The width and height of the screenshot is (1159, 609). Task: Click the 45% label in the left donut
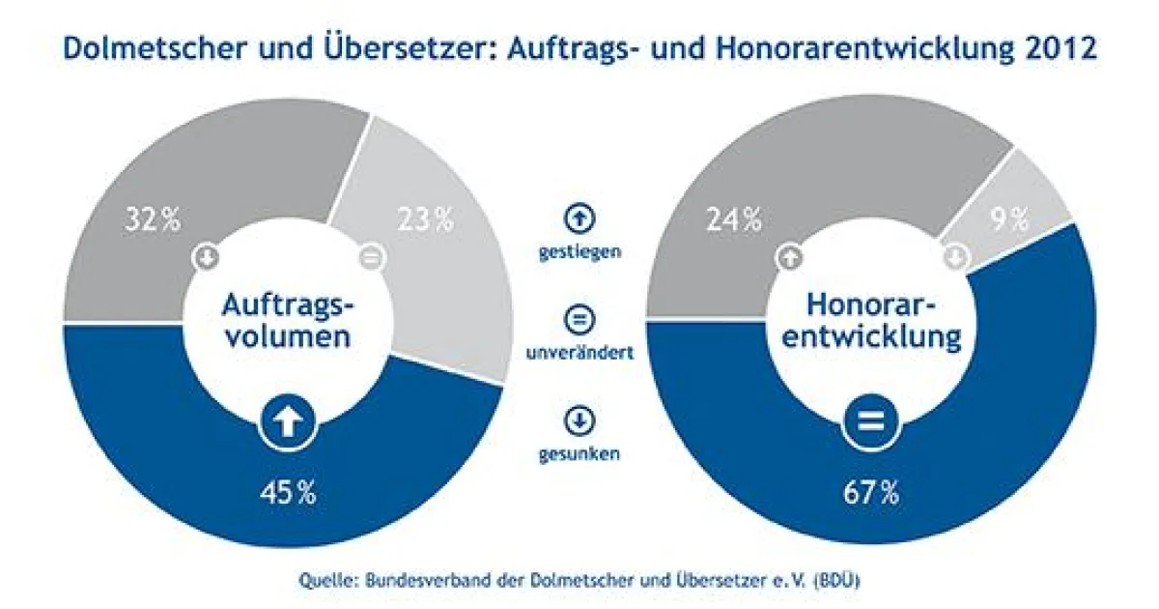[x=287, y=493]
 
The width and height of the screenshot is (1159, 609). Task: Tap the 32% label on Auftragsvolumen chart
[x=153, y=220]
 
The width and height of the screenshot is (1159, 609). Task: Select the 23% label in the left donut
[x=425, y=220]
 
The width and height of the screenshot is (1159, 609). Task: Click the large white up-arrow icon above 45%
[x=287, y=421]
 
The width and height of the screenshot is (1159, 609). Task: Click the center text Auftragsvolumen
[x=288, y=322]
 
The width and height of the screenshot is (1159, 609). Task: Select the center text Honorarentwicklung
[x=871, y=322]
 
